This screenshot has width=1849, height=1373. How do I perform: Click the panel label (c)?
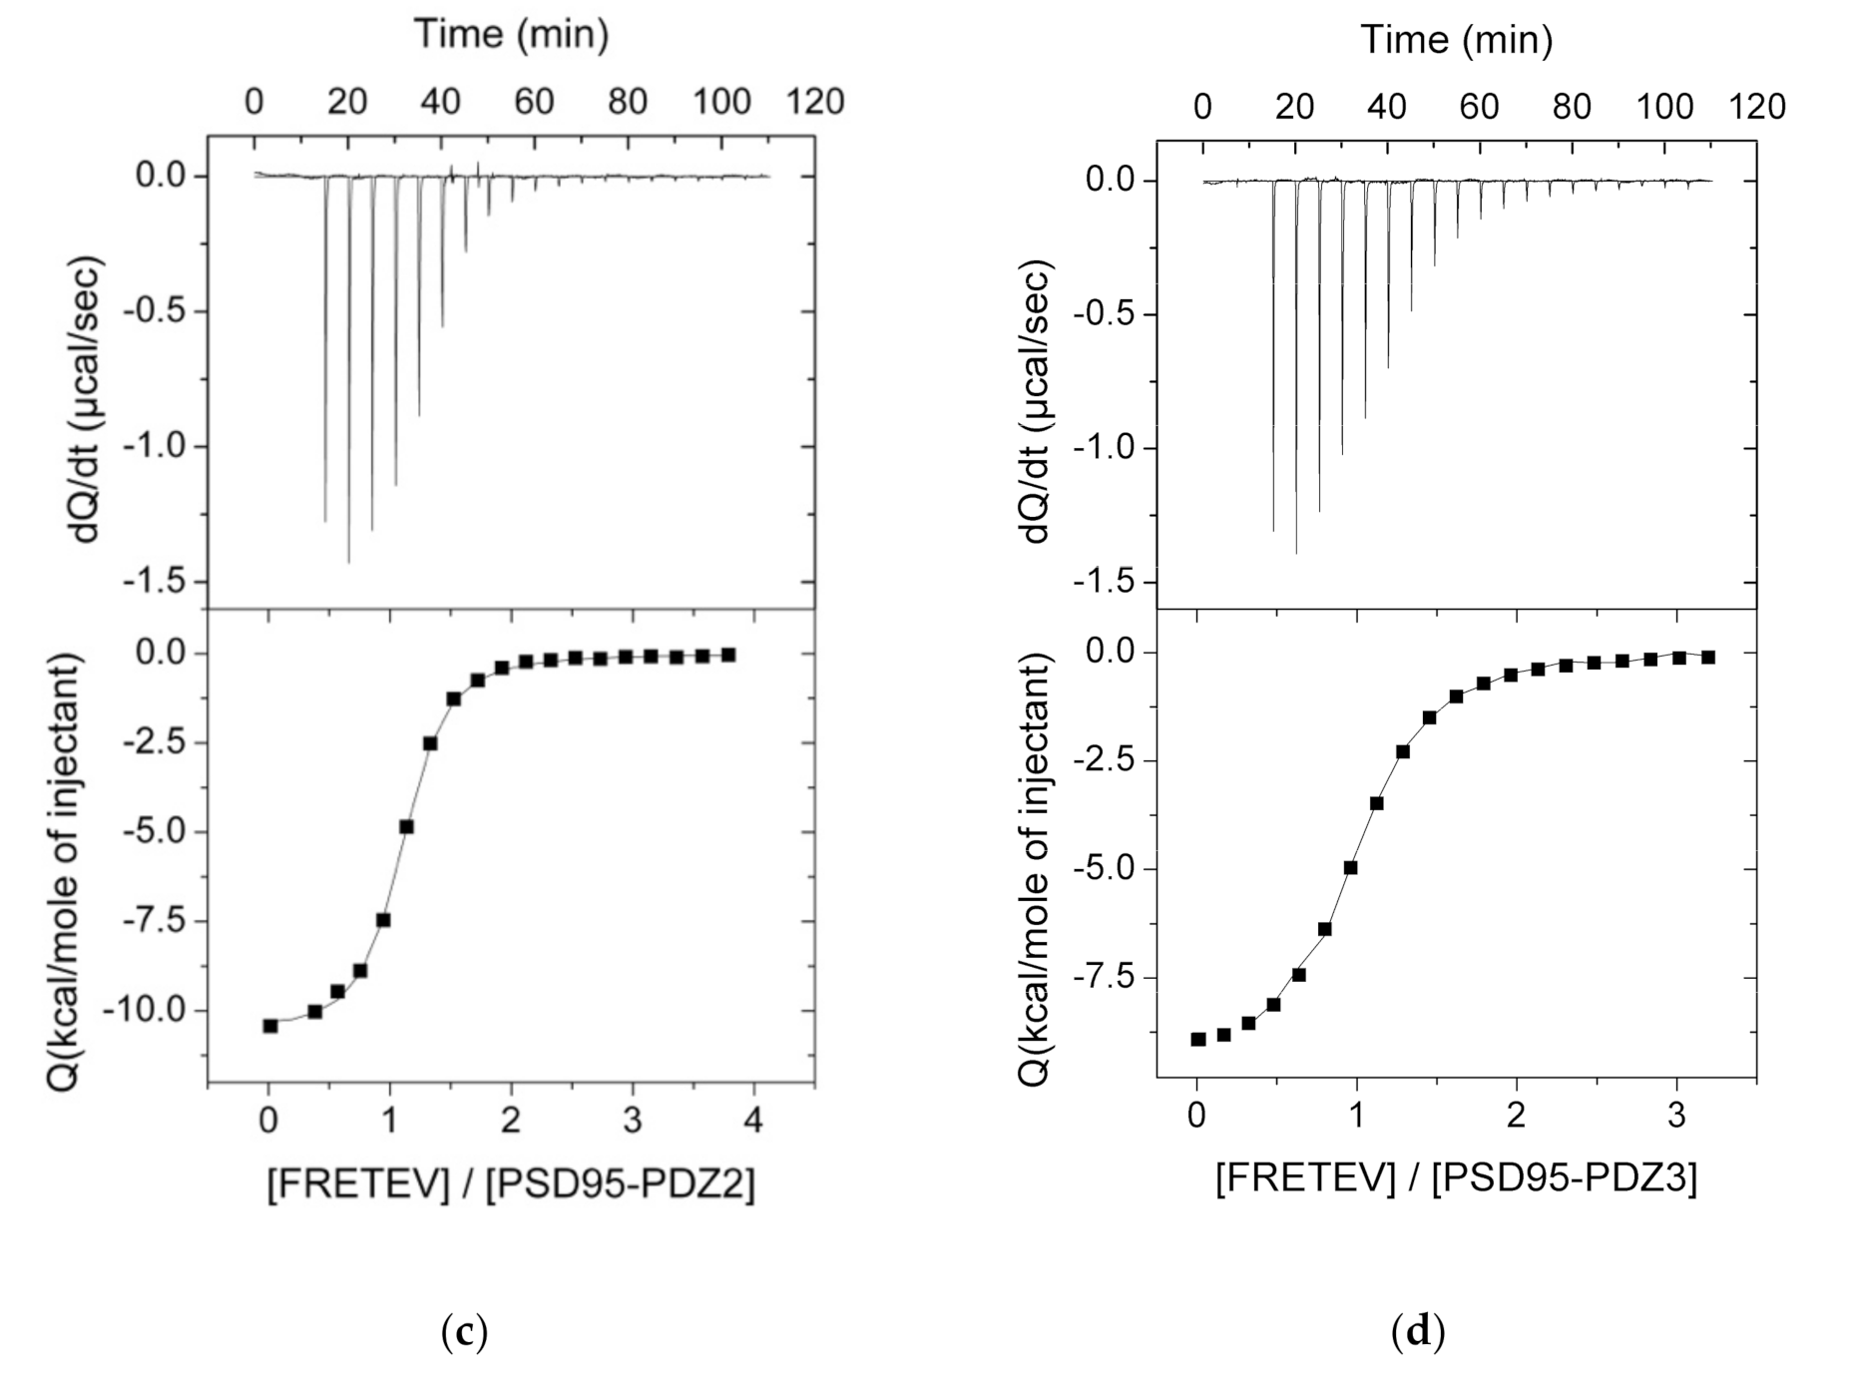click(x=464, y=1332)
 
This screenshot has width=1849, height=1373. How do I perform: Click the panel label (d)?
click(x=1417, y=1330)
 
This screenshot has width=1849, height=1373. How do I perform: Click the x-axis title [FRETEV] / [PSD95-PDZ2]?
click(x=511, y=1184)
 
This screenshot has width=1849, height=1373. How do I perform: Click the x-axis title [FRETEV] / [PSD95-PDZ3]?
click(x=1456, y=1177)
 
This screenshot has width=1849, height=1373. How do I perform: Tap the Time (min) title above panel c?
click(x=511, y=34)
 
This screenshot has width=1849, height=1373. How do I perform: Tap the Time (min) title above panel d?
click(x=1456, y=40)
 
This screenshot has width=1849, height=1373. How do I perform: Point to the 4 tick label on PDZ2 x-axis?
click(x=753, y=1122)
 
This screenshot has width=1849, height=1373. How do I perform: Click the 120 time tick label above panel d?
click(x=1756, y=107)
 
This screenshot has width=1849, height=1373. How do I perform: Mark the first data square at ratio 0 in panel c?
click(x=270, y=1026)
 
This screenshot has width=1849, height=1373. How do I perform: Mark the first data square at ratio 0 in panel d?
click(x=1198, y=1039)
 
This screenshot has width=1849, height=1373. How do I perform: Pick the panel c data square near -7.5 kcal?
click(x=383, y=920)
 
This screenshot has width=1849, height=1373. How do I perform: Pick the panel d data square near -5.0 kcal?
click(x=1350, y=867)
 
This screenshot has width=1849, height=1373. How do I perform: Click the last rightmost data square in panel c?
click(x=728, y=655)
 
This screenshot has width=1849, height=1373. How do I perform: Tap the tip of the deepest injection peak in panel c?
click(x=348, y=562)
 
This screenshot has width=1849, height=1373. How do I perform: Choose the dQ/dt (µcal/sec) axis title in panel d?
click(x=1038, y=401)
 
